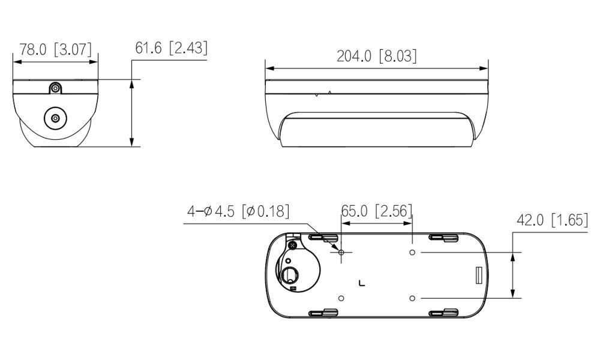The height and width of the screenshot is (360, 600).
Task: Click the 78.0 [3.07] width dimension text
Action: coord(55,50)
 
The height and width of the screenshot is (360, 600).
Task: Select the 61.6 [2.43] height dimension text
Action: coord(171,48)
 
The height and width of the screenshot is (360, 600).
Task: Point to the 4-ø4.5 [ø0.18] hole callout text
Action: coord(238,211)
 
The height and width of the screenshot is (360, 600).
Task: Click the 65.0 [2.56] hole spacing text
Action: coord(377,211)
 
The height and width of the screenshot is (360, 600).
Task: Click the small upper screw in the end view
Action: coord(55,88)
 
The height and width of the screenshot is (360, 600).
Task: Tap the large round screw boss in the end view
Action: coord(55,118)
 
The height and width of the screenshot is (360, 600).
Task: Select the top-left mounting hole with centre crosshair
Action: coord(341,253)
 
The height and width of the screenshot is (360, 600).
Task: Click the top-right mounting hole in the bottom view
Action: coord(412,253)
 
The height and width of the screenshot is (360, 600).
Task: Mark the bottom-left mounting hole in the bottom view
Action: coord(341,298)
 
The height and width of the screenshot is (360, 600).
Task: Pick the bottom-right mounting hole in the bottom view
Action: coord(412,298)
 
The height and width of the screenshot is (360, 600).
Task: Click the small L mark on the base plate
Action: coord(361,283)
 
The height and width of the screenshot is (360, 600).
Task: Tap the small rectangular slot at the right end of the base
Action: coord(478,275)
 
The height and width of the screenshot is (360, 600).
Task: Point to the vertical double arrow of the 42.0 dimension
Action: coord(513,275)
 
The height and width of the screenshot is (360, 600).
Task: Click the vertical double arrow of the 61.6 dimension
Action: coord(131,112)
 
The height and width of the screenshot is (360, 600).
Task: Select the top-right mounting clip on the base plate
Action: coord(444,239)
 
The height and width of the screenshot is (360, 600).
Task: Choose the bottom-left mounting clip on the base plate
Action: coord(323,311)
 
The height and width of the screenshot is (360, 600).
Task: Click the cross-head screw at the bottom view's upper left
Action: coord(293,245)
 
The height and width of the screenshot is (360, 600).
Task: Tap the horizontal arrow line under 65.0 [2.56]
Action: coord(377,223)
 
